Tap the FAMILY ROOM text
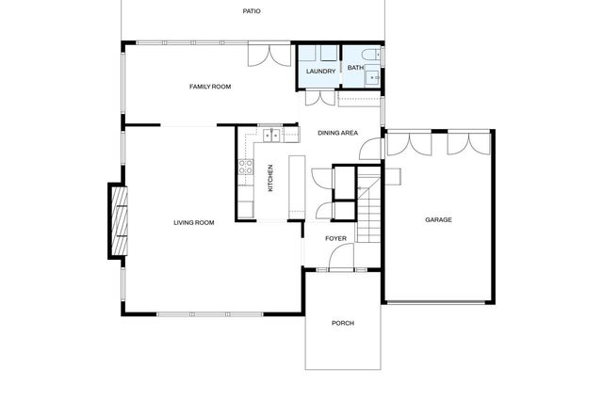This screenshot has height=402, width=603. coord(209,87)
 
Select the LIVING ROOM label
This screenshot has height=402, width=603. coord(193,223)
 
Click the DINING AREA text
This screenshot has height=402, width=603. coord(337,134)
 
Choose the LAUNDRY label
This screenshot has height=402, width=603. coord(321,71)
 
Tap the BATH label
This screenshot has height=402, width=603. coord(355,68)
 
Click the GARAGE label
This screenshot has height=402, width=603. coord(438,220)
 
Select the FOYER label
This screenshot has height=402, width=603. coord(336,239)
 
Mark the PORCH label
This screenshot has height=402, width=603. coord(343,323)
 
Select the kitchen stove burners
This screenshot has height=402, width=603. coord(245,169)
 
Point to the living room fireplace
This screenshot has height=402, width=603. coord(119,222)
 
